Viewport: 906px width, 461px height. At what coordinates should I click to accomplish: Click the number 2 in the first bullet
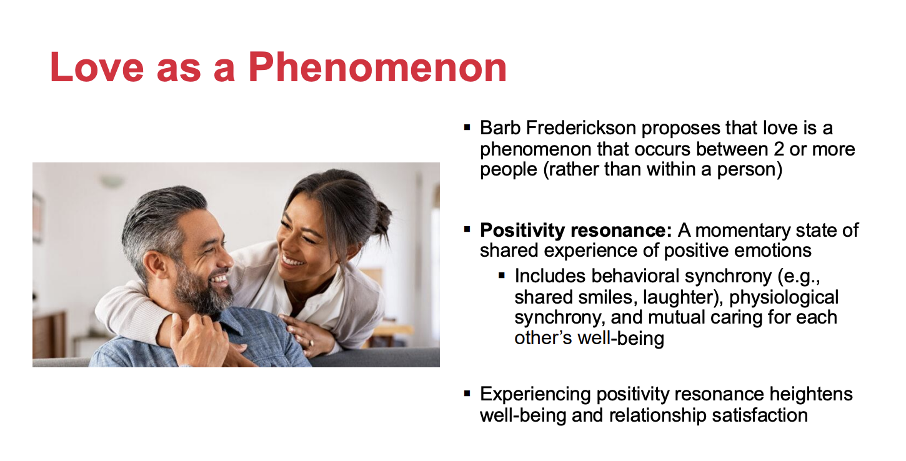tap(779, 149)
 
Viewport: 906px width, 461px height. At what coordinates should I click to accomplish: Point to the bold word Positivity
tap(522, 230)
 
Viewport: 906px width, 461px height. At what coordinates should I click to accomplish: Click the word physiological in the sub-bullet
tap(784, 297)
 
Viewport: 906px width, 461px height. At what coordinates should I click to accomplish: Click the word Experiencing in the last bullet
tap(535, 394)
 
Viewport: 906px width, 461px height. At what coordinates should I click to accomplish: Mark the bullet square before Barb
tap(467, 128)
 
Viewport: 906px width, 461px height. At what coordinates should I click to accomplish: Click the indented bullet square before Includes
tap(502, 276)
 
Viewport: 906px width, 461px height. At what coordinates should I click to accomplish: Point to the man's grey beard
tap(202, 291)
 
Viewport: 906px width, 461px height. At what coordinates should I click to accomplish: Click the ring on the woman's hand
tap(311, 344)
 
